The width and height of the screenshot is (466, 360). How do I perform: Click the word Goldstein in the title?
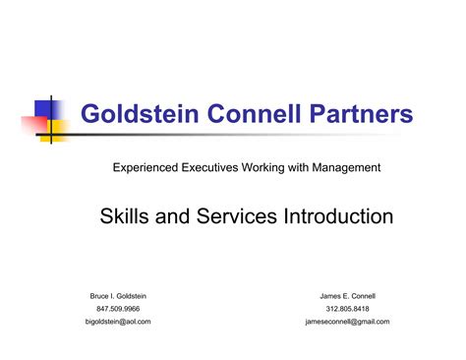132,116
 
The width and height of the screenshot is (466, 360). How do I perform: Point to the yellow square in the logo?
58,130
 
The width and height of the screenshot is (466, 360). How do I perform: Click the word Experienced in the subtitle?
147,168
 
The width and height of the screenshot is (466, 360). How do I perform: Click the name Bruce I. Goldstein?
118,296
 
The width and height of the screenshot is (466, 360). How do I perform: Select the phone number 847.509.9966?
118,309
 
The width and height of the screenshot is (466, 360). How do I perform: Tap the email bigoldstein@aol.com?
118,322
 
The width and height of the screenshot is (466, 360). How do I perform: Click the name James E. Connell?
348,296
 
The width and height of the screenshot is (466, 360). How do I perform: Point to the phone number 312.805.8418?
348,309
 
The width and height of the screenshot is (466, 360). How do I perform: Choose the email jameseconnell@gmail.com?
348,322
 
